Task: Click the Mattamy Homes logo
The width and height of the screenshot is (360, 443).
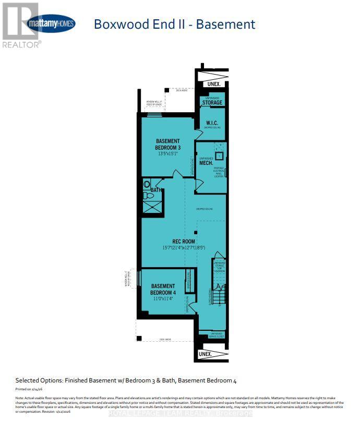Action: (x=51, y=23)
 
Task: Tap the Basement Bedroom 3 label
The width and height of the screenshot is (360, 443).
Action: (x=168, y=144)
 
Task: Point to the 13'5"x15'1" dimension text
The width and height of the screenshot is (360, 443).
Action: (x=168, y=154)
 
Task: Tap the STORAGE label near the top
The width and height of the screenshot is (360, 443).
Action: (x=212, y=103)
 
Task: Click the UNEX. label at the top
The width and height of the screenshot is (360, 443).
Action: (x=213, y=83)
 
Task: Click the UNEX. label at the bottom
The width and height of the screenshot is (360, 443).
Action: (x=206, y=354)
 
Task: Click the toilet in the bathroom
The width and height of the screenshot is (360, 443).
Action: (x=147, y=185)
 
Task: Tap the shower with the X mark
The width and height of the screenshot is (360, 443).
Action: (x=152, y=207)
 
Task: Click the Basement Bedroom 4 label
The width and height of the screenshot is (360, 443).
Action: (x=163, y=289)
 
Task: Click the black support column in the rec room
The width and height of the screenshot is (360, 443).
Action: (x=196, y=232)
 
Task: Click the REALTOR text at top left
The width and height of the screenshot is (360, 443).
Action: (x=21, y=45)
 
